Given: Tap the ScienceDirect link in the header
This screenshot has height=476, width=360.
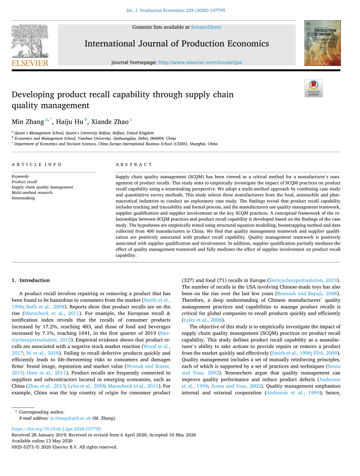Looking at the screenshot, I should click(x=206, y=26).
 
